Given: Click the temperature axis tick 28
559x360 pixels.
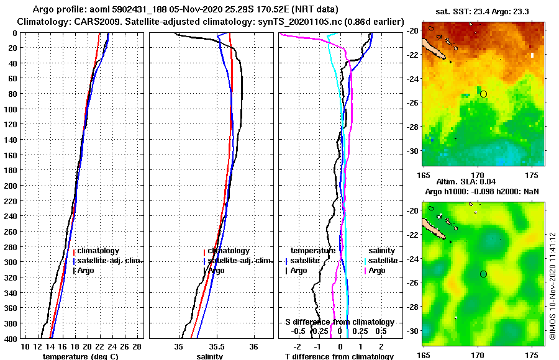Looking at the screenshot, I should [137, 346].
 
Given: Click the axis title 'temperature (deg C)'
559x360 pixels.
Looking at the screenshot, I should [81, 356].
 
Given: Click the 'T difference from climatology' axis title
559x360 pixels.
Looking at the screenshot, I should [339, 356].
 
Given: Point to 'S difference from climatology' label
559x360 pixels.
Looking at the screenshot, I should [339, 322].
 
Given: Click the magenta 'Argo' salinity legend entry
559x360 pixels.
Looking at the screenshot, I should [377, 271].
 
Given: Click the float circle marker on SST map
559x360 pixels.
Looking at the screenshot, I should [484, 94].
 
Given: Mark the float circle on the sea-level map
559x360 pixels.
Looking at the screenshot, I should [484, 274].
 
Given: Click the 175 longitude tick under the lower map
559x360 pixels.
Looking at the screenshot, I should [532, 356].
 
